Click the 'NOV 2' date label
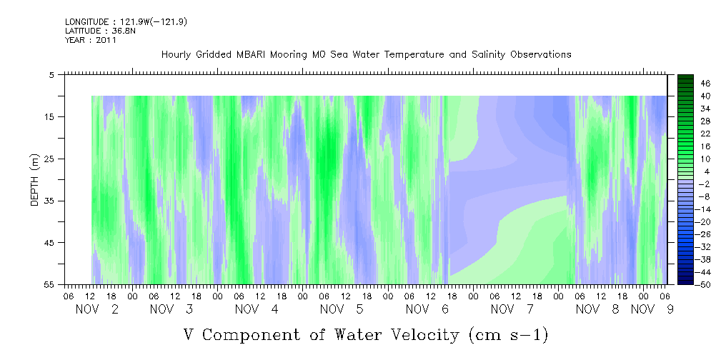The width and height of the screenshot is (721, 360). click(97, 309)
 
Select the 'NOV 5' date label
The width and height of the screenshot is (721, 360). click(342, 309)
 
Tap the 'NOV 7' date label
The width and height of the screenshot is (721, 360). click(512, 309)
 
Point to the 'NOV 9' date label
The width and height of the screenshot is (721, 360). click(652, 309)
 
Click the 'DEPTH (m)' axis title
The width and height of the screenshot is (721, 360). click(36, 180)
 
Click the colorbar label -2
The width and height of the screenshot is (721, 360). click(705, 184)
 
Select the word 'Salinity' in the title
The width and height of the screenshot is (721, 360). click(488, 55)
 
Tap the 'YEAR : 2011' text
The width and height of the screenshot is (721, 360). click(91, 40)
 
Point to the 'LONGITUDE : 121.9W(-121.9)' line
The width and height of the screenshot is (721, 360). click(126, 21)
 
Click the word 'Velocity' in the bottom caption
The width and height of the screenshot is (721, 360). click(420, 335)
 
